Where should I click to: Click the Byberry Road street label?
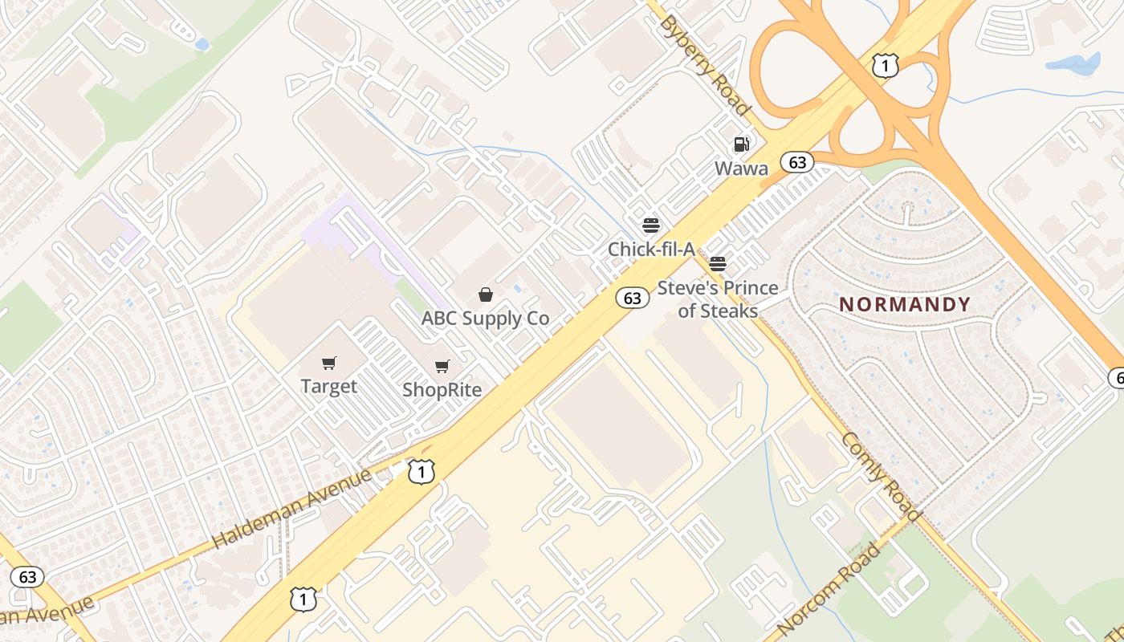(704, 64)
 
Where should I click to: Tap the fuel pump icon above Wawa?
(741, 144)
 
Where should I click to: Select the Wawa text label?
(741, 169)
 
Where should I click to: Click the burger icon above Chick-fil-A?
(651, 226)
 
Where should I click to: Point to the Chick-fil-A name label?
(651, 250)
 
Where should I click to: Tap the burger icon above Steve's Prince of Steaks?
(718, 264)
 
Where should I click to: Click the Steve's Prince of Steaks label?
(718, 299)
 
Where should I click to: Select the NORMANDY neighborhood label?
(905, 305)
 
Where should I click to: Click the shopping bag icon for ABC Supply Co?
(485, 295)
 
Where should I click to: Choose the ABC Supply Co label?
(485, 319)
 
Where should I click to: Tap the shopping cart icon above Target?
(328, 364)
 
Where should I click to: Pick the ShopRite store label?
(442, 390)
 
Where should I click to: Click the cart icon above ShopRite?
(442, 367)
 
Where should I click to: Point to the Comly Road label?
(879, 474)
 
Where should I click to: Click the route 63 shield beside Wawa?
(796, 163)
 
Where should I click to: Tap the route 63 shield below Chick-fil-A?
(633, 299)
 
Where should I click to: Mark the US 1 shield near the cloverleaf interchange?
(885, 66)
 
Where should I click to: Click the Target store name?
(328, 387)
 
